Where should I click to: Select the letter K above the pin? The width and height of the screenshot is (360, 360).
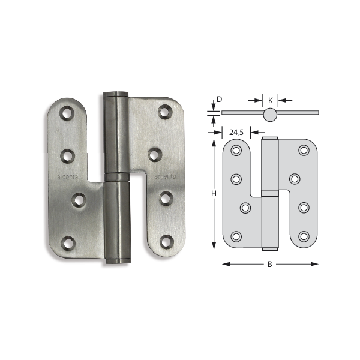[x=271, y=100]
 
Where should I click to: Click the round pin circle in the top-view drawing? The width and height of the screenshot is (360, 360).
[x=270, y=113]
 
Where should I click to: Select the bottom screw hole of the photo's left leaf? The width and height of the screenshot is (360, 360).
[x=68, y=243]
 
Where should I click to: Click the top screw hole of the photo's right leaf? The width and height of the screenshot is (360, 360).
[x=164, y=112]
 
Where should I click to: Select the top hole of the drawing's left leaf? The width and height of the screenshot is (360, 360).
[x=236, y=151]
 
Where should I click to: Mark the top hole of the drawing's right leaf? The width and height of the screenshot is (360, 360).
[x=304, y=151]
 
